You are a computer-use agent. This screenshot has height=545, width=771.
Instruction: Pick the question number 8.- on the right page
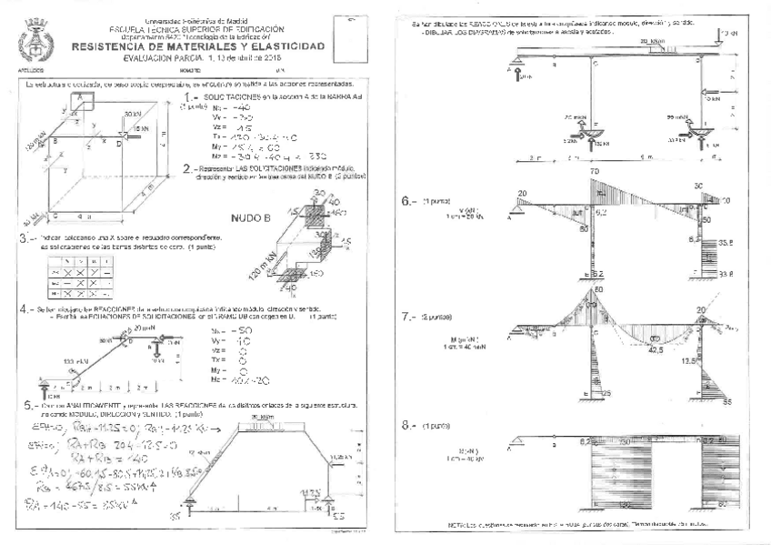pyautogui.click(x=408, y=426)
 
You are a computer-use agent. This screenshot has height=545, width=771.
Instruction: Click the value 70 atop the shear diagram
pyautogui.click(x=595, y=172)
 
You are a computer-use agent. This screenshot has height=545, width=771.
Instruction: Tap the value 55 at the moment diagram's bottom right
pyautogui.click(x=726, y=400)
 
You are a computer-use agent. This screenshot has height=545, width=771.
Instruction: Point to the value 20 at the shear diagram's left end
pyautogui.click(x=523, y=194)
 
